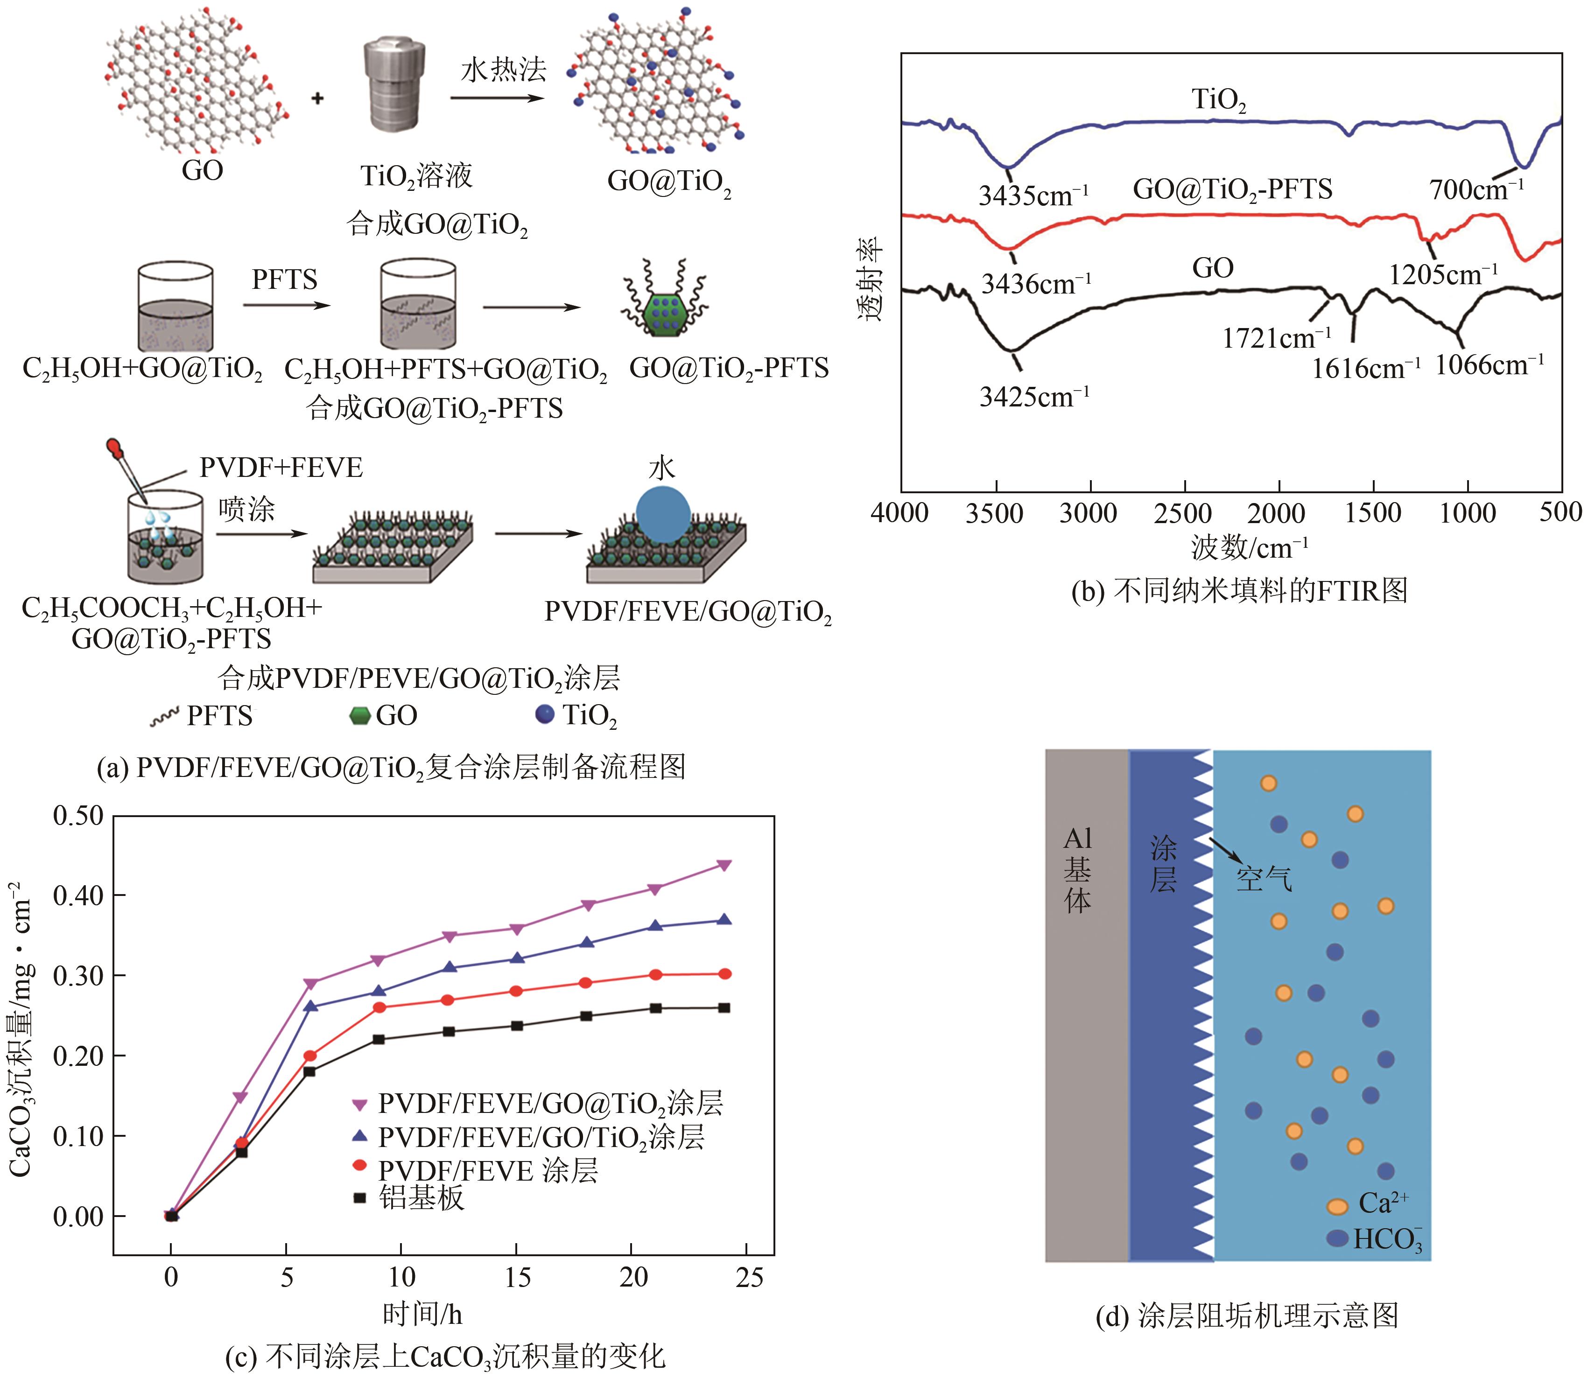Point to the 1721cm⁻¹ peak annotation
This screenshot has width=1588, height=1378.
(1277, 337)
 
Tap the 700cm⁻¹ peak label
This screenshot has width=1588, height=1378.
(1476, 189)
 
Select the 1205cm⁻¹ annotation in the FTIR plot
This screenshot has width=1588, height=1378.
(1443, 274)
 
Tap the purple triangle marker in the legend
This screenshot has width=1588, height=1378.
(359, 1104)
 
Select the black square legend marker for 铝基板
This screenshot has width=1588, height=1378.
(359, 1197)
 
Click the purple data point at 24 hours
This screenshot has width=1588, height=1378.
(724, 865)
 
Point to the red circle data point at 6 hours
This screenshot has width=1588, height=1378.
(310, 1056)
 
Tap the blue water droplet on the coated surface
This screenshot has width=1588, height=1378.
(663, 514)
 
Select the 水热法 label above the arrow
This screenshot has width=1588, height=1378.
(503, 71)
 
